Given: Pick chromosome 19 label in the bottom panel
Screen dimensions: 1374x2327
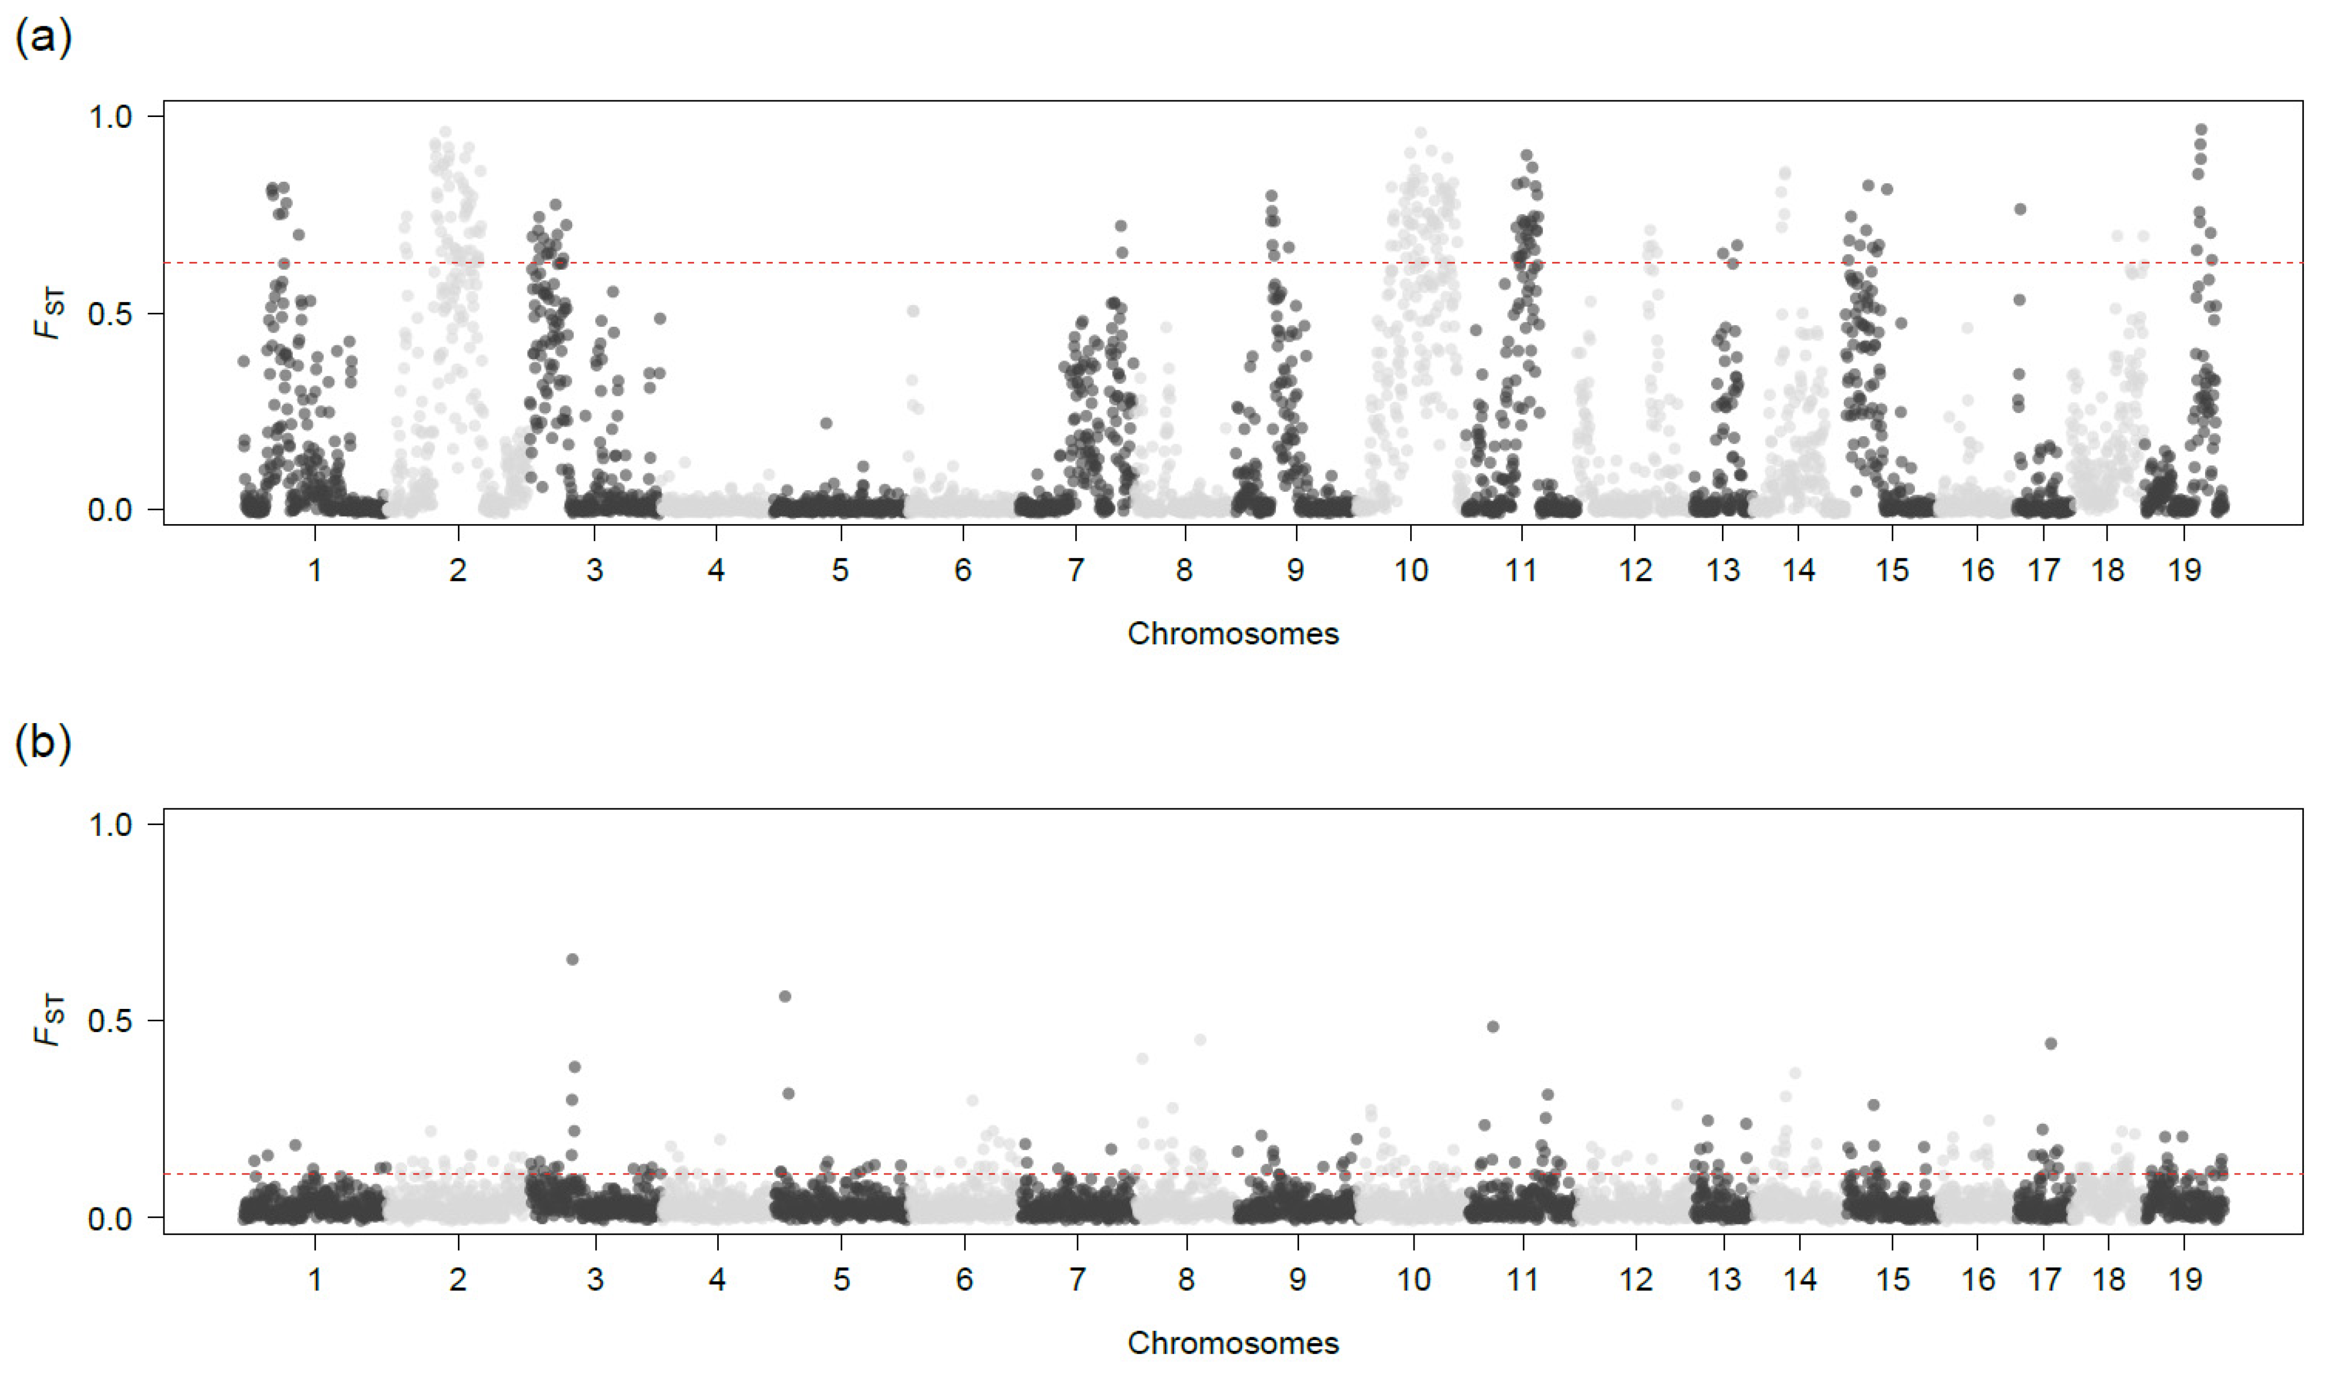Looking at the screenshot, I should coord(2185,1280).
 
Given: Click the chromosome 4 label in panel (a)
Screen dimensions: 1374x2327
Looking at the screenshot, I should coord(716,571).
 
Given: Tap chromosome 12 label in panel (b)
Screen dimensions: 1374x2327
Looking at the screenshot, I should coord(1635,1280).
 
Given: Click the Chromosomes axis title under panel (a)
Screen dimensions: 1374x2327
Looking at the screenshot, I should coord(1232,634).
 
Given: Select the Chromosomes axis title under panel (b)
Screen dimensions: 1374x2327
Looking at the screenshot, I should coord(1232,1343).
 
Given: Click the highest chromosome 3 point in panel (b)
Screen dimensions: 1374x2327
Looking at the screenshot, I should coord(572,959).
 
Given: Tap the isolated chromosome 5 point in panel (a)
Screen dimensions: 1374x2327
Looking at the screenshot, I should coord(826,423).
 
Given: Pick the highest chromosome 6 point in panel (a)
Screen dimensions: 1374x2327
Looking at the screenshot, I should coord(913,311).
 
